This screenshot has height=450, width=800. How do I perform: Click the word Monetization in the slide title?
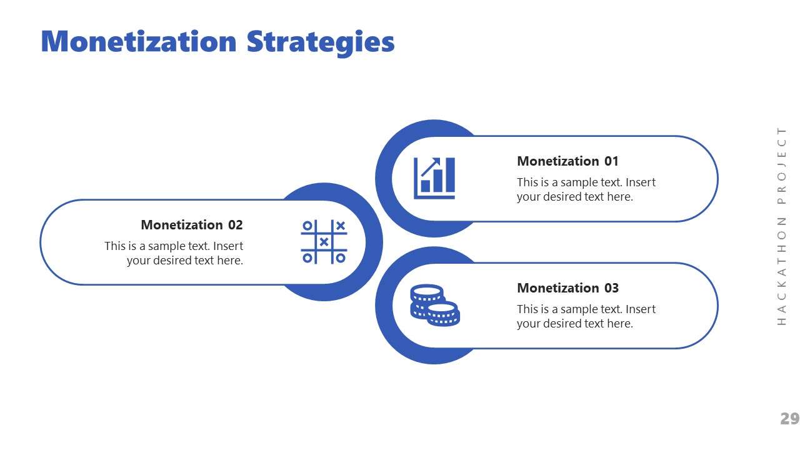[138, 41]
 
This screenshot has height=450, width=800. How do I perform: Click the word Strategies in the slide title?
[320, 42]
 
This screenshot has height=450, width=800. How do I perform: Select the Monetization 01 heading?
[567, 161]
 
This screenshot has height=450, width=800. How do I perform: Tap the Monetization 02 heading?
[191, 225]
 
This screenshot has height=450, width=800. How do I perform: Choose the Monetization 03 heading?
[567, 288]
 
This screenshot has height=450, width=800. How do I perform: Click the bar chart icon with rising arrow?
[434, 178]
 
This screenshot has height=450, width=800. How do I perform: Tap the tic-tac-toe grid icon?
[324, 242]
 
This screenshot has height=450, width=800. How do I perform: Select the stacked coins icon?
[434, 305]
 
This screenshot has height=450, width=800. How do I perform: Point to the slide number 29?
[789, 419]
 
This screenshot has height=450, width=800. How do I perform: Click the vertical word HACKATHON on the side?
[782, 271]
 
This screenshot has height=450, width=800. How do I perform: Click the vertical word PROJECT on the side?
[782, 166]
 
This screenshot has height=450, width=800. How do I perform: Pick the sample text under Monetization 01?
[586, 189]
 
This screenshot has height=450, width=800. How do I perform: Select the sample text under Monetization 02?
[174, 253]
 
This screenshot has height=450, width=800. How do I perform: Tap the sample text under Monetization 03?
[586, 316]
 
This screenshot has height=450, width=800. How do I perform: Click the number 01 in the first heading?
[611, 161]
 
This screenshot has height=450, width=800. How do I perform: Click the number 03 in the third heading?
[611, 288]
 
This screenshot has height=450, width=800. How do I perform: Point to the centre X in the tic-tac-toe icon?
[324, 242]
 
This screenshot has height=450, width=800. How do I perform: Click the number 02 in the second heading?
[235, 225]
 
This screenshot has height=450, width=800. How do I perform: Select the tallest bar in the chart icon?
[450, 175]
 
